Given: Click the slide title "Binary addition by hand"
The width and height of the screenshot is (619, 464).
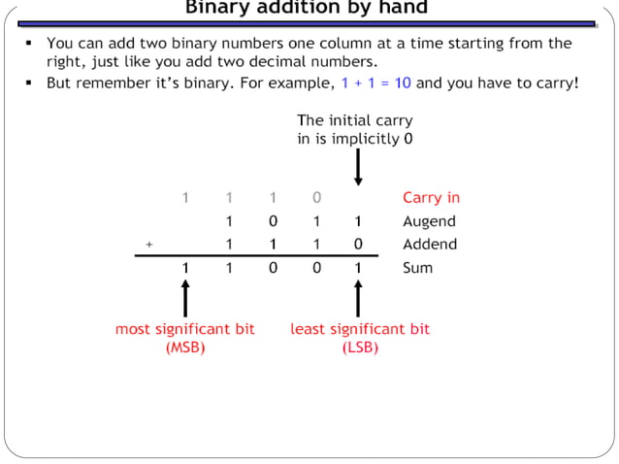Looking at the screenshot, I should coord(307,9).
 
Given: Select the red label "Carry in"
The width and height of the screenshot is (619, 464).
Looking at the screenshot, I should coord(431,198).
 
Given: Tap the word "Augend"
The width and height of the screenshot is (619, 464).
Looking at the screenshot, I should coord(429,221).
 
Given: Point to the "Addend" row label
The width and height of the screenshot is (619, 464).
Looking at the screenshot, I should coord(429,245).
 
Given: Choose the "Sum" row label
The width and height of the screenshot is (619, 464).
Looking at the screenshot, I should coord(417,268).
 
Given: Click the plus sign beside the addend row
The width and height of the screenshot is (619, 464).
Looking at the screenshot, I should coord(148,246).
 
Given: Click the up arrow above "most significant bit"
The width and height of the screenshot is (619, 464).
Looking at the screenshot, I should coord(185,298).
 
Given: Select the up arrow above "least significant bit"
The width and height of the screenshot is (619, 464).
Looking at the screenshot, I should coord(358,298).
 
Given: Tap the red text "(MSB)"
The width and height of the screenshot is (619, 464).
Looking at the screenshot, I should coord(185,348).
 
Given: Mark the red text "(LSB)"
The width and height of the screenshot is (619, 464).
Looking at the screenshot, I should coord(360,348).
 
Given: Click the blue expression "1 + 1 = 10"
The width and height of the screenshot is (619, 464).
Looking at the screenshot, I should coord(375,83).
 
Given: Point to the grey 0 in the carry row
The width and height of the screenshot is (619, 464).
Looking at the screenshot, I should coord(316,198).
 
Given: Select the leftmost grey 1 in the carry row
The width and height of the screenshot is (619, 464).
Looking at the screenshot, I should coord(185,198).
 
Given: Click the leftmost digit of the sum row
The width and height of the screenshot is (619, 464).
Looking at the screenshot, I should coord(185,268).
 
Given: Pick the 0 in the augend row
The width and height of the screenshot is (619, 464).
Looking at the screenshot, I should coord(273,221).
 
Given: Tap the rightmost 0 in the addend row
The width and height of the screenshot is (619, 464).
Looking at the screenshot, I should coord(358,245).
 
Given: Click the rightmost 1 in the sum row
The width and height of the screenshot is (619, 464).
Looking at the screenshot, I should coord(358,268).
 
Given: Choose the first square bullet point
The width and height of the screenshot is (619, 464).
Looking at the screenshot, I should coord(29,44).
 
